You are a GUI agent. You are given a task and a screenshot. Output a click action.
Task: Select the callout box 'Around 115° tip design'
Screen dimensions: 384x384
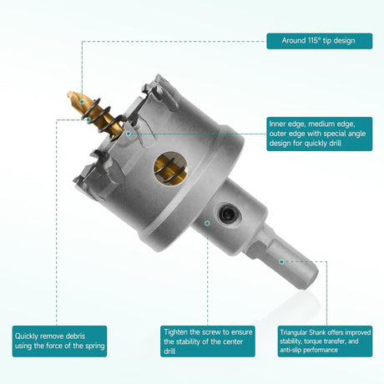(320, 41)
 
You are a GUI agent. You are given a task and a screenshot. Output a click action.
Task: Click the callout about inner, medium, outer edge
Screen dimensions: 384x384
(320, 134)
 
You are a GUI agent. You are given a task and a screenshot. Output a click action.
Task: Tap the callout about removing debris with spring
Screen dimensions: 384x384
(59, 341)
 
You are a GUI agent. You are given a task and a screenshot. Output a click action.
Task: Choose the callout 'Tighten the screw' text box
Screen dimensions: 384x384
(208, 341)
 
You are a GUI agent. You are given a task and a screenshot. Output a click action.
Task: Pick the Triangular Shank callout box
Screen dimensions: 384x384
(325, 341)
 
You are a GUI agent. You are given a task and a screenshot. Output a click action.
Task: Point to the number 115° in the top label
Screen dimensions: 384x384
(313, 41)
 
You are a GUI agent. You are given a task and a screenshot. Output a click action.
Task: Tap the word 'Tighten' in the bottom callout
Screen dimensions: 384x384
(176, 332)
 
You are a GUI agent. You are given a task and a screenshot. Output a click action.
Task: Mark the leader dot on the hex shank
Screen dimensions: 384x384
(281, 262)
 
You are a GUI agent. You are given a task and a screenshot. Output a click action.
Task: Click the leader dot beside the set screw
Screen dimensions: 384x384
(207, 223)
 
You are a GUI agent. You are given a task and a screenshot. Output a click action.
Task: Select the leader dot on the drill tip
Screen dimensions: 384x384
(82, 102)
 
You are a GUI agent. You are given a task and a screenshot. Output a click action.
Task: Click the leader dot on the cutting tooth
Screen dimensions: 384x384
(129, 134)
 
